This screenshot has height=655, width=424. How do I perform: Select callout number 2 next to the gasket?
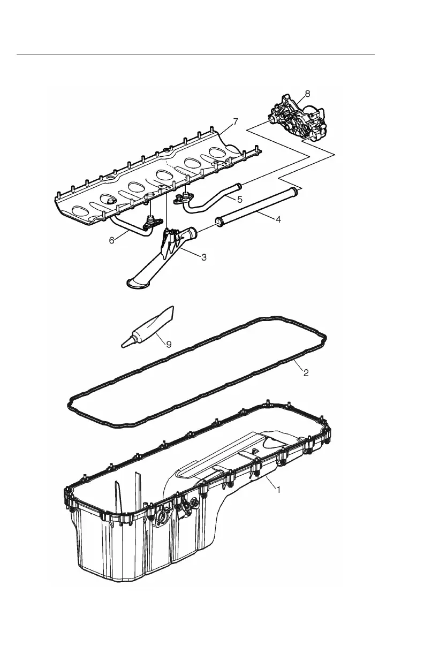pyautogui.click(x=306, y=373)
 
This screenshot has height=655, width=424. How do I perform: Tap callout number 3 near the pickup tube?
pyautogui.click(x=204, y=257)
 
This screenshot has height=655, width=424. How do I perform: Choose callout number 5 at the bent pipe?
pyautogui.click(x=240, y=199)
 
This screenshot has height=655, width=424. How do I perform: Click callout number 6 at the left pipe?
pyautogui.click(x=112, y=240)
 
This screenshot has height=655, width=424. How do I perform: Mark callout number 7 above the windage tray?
pyautogui.click(x=236, y=121)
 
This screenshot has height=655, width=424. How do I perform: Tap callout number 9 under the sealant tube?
pyautogui.click(x=169, y=344)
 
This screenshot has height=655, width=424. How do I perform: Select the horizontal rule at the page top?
pyautogui.click(x=195, y=55)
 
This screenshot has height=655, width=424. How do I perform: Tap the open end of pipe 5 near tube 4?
pyautogui.click(x=239, y=187)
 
